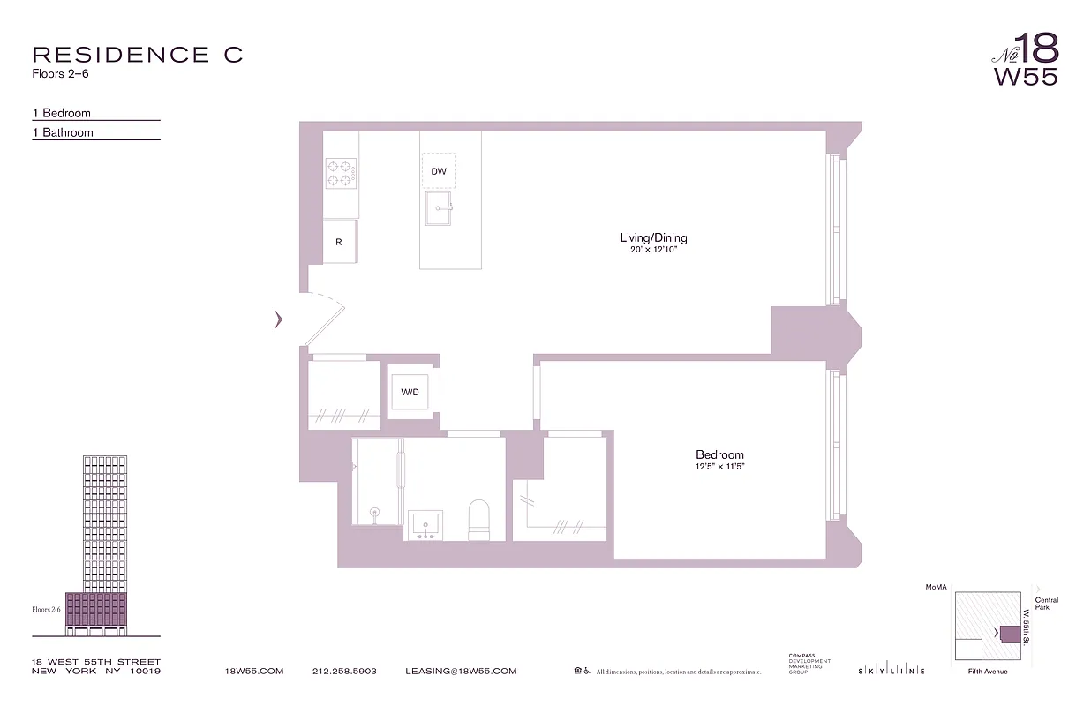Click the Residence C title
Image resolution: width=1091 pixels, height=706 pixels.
coord(137,55)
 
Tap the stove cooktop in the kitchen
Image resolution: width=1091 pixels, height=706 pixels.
coord(341,172)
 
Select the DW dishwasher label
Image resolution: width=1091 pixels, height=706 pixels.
coord(439,171)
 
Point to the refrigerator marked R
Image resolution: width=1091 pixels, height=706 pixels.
coord(339,242)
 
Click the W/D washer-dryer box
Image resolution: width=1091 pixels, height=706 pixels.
coord(410,392)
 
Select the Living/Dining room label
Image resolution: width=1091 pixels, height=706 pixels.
coord(653,237)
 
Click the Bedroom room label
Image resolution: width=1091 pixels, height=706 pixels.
coord(719,455)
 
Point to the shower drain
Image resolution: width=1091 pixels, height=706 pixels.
coord(374,511)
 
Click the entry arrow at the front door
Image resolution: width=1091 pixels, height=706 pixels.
coord(279,319)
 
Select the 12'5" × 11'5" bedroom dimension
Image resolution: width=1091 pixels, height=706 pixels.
coord(719,467)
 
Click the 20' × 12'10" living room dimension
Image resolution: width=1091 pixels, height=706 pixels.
coord(653,250)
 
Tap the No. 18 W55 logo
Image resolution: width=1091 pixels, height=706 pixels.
coord(1026,59)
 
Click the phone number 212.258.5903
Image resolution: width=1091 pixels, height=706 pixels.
coord(344,672)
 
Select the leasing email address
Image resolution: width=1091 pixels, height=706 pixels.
coord(461,672)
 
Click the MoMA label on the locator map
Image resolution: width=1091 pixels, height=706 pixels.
coord(935,587)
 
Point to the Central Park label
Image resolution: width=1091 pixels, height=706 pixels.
coord(1047,605)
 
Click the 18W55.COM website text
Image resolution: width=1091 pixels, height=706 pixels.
coord(254,672)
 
